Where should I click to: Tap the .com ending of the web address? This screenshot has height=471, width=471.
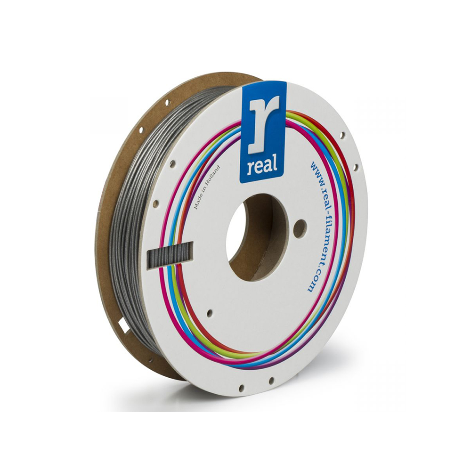[311, 281]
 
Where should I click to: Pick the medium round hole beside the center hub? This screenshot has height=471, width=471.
[300, 227]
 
